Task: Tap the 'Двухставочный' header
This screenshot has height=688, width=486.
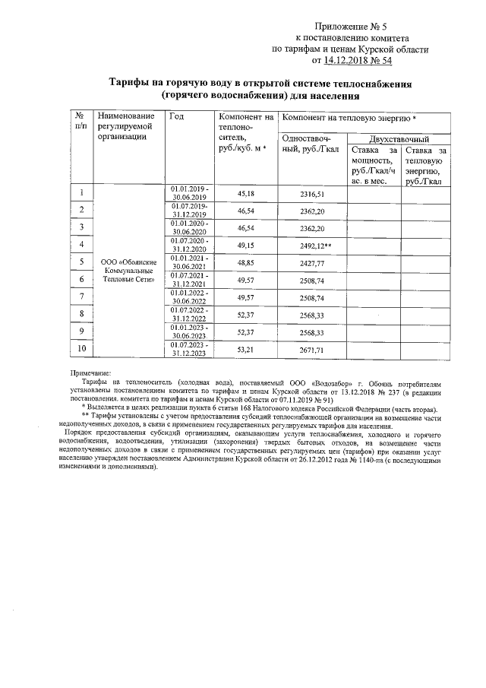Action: (399, 140)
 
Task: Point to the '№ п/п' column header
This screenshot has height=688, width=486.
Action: (80, 120)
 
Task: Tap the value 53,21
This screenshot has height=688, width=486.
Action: (246, 351)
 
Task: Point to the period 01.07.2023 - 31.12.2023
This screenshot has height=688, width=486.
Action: (190, 350)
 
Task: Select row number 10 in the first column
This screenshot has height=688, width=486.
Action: (80, 349)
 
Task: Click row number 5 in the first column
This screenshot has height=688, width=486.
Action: (80, 262)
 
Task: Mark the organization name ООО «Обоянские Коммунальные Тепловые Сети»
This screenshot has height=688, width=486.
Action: (129, 271)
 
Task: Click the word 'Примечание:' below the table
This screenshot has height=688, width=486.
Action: (90, 373)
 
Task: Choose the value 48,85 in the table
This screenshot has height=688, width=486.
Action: (246, 262)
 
